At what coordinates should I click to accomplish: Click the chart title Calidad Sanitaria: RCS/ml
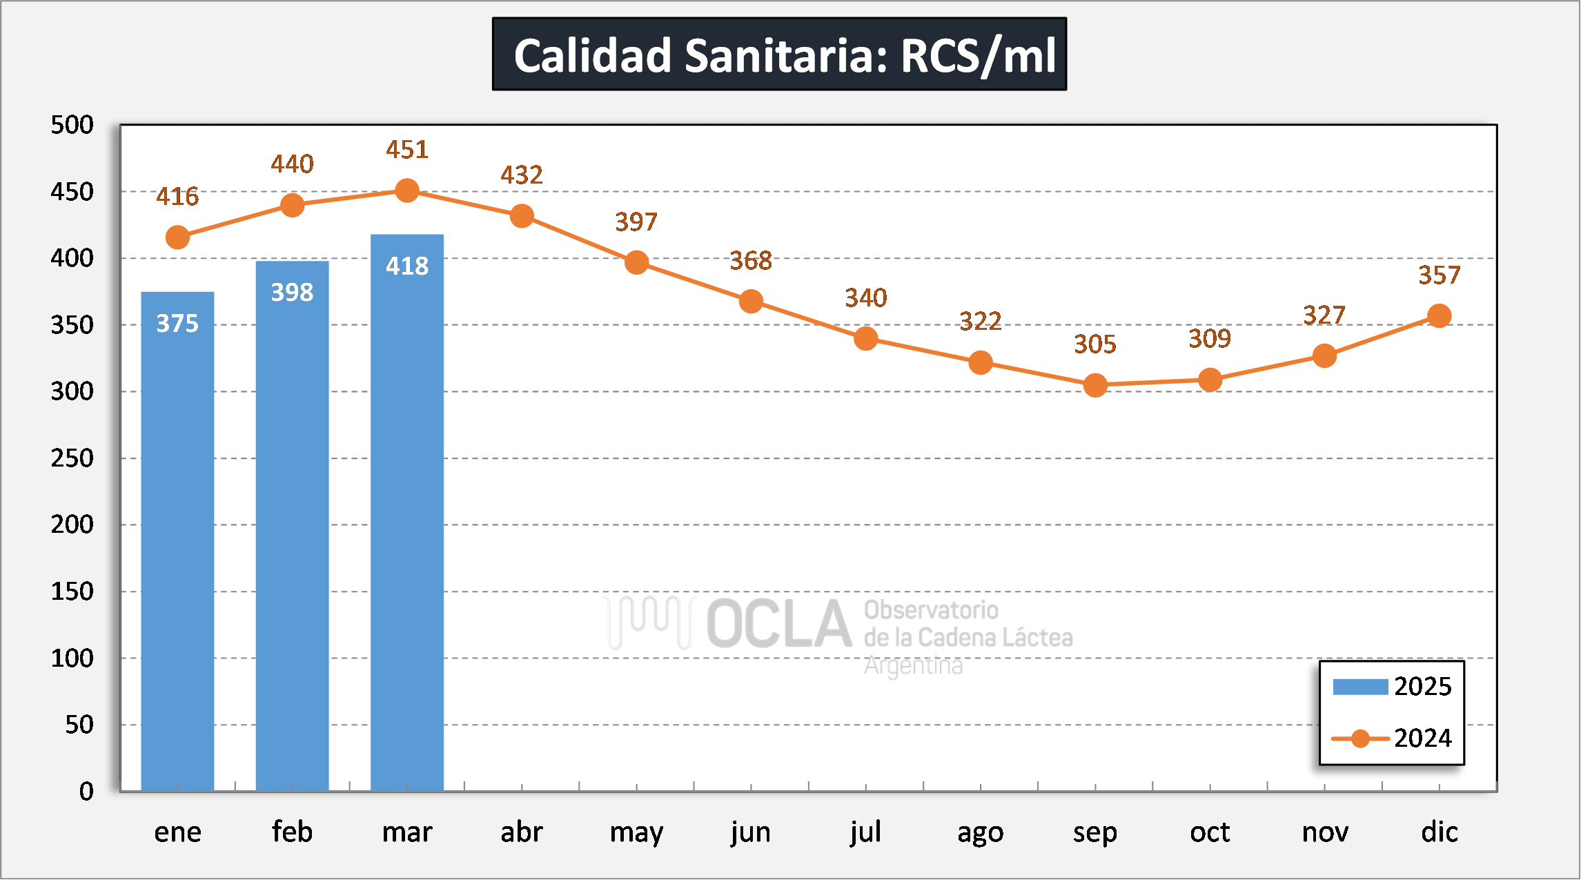pos(785,55)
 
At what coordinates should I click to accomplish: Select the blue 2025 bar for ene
pos(177,541)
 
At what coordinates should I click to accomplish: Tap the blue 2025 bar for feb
pos(292,526)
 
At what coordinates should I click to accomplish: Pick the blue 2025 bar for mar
pos(407,513)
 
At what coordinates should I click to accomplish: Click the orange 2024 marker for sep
pos(1095,385)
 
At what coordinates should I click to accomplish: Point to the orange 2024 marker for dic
pos(1439,316)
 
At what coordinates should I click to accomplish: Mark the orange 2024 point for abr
pos(522,216)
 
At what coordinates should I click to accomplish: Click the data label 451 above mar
pos(407,150)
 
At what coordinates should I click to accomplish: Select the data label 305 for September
pos(1095,344)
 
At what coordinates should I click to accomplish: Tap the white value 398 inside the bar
pos(292,293)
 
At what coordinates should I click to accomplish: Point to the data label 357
pos(1440,275)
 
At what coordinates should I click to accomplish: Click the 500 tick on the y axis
pos(72,125)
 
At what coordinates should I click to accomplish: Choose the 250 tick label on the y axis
pos(72,458)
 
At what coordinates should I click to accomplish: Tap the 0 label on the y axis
pos(86,791)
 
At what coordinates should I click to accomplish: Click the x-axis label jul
pos(865,832)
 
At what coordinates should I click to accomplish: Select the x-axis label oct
pos(1210,832)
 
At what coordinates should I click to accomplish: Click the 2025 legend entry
pos(1392,687)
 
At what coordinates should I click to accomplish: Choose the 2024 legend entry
pos(1392,739)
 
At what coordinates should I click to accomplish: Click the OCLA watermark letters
pos(779,624)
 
